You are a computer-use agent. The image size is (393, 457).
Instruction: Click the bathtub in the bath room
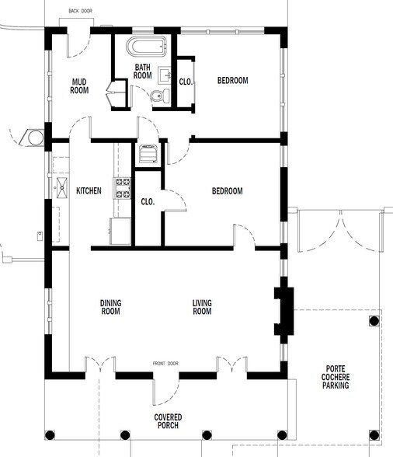coord(146,46)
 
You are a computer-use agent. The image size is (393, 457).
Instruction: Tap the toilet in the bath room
coord(160,96)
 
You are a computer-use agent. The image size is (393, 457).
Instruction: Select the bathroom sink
coord(165,75)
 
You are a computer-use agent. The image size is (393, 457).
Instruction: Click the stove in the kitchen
coord(122,188)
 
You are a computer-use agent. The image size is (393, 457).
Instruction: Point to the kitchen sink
coord(62,188)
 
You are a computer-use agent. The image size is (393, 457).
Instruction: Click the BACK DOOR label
coord(81,11)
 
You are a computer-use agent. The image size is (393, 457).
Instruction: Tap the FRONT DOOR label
coord(165,364)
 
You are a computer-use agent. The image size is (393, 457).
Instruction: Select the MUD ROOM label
coord(79,86)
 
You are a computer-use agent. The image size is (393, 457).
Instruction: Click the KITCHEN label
coord(89,191)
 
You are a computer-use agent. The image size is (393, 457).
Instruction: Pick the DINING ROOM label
coord(111,307)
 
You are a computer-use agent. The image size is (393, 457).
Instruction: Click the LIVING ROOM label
coord(202,307)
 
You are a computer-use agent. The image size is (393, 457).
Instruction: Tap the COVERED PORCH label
coord(168,421)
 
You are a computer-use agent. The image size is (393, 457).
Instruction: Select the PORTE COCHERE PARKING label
coord(336,377)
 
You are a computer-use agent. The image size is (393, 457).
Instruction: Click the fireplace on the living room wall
coord(284,311)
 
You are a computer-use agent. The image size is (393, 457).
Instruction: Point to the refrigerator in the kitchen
coord(120,231)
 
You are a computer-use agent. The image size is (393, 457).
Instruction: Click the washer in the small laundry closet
coord(147,154)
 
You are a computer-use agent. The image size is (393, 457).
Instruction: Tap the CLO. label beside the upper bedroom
coord(186,82)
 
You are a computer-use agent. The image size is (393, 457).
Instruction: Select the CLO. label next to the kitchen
coord(148,202)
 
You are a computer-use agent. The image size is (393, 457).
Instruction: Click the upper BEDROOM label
coord(233,80)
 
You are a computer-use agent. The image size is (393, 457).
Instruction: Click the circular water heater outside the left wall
coord(36,138)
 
